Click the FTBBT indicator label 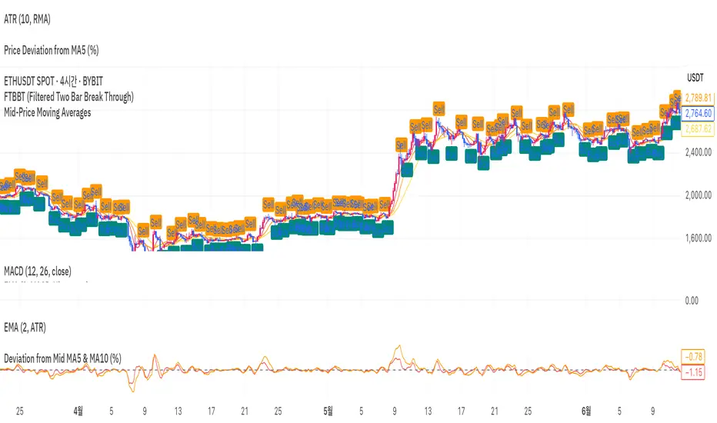(68, 96)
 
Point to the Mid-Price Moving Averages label (47, 112)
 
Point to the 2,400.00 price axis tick (699, 152)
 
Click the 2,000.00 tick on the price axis (699, 195)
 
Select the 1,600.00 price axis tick (699, 238)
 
